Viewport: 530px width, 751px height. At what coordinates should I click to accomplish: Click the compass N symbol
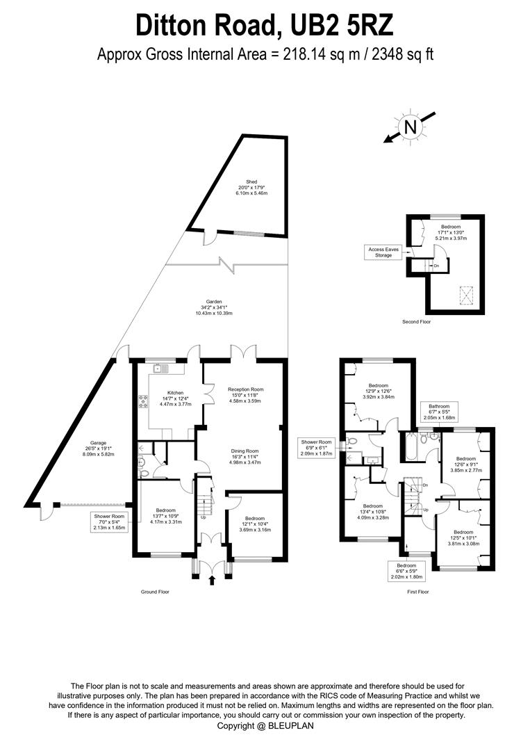[x=411, y=127]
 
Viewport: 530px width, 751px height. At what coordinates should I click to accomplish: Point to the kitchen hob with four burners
[x=144, y=401]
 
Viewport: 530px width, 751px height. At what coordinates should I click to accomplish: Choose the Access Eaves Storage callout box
[x=384, y=252]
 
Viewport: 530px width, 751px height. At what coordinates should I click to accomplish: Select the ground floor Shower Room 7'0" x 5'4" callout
[x=109, y=522]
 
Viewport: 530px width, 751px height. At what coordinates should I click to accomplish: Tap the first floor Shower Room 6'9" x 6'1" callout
[x=316, y=448]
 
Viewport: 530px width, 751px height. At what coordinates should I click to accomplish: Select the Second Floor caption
[x=416, y=322]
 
